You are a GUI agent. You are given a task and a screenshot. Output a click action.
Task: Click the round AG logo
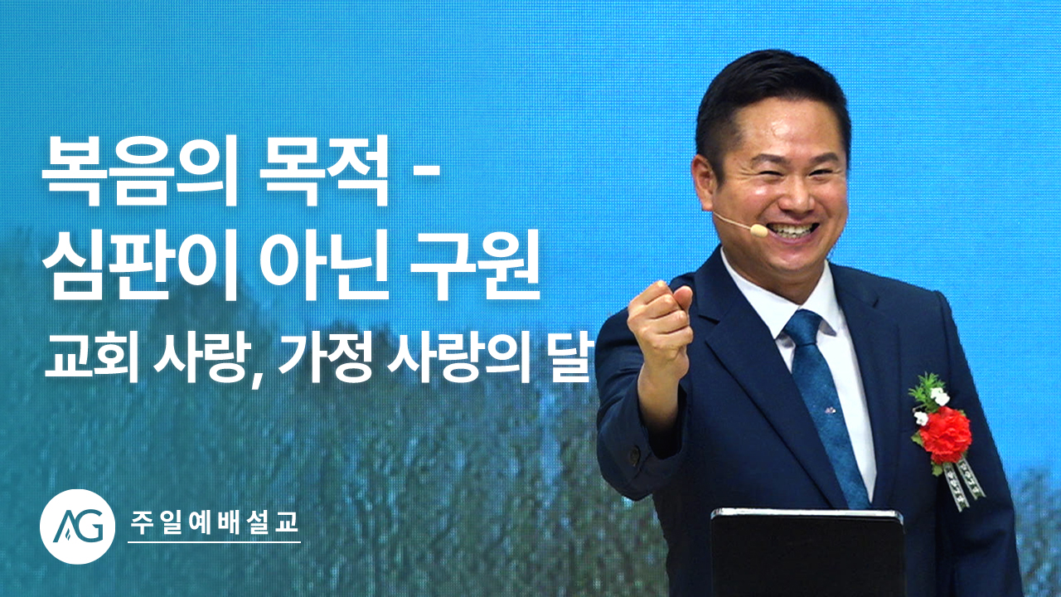coord(77,526)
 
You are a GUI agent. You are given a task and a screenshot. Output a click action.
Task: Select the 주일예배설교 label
coord(214,522)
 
